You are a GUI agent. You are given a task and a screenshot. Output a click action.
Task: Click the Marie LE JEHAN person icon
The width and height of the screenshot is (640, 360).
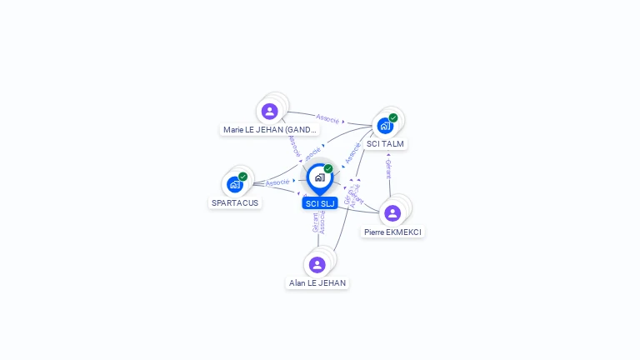tap(269, 111)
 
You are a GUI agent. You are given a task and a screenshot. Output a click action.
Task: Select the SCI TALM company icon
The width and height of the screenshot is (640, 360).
tap(385, 126)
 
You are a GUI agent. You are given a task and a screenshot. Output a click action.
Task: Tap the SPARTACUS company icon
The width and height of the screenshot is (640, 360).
tap(235, 184)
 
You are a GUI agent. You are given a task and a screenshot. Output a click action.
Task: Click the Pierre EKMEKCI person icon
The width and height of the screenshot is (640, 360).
tap(392, 213)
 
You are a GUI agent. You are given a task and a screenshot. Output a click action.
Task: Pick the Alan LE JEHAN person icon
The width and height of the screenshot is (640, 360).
tap(317, 265)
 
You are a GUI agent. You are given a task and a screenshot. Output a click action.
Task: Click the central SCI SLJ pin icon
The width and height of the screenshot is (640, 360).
tap(319, 177)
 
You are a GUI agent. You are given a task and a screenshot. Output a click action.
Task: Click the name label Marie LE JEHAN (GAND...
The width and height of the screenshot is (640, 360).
tap(270, 130)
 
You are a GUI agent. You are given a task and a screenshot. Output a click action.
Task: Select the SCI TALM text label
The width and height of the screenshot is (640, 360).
tap(385, 144)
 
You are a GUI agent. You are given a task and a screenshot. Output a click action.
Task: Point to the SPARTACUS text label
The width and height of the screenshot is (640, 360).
tap(235, 202)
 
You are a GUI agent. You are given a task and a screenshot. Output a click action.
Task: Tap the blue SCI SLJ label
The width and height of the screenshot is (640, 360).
tap(319, 203)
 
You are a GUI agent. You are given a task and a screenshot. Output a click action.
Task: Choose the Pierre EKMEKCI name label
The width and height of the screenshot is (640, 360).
tap(392, 232)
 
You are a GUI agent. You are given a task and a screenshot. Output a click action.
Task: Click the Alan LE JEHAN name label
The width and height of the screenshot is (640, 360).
tap(317, 283)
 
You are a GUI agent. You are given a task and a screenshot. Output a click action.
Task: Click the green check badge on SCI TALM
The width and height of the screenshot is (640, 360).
tap(393, 117)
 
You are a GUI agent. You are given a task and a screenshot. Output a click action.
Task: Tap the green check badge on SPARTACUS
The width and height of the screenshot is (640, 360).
tap(242, 176)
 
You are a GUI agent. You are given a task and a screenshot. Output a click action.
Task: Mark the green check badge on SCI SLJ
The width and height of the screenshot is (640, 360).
tap(328, 168)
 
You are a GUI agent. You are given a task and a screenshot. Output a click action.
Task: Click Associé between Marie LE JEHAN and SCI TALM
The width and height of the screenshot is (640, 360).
tap(327, 117)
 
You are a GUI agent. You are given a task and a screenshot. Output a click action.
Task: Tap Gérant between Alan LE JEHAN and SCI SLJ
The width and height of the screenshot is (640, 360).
tap(315, 222)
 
